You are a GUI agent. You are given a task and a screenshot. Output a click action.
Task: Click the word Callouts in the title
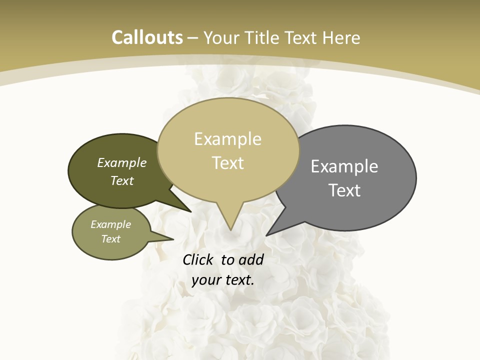click(x=147, y=37)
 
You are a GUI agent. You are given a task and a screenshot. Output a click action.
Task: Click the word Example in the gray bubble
click(x=344, y=166)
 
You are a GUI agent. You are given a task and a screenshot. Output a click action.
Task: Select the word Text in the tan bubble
click(x=228, y=163)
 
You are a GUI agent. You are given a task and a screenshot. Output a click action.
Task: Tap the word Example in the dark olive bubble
click(x=122, y=162)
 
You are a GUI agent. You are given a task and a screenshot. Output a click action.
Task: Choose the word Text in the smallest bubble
click(x=110, y=239)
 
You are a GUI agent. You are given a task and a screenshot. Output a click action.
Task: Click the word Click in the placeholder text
click(x=198, y=259)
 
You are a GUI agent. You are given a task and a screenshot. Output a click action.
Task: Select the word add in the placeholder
click(x=251, y=259)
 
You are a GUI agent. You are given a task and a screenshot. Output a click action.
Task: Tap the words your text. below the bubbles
click(x=223, y=279)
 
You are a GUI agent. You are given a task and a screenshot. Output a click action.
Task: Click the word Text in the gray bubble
click(x=344, y=190)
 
